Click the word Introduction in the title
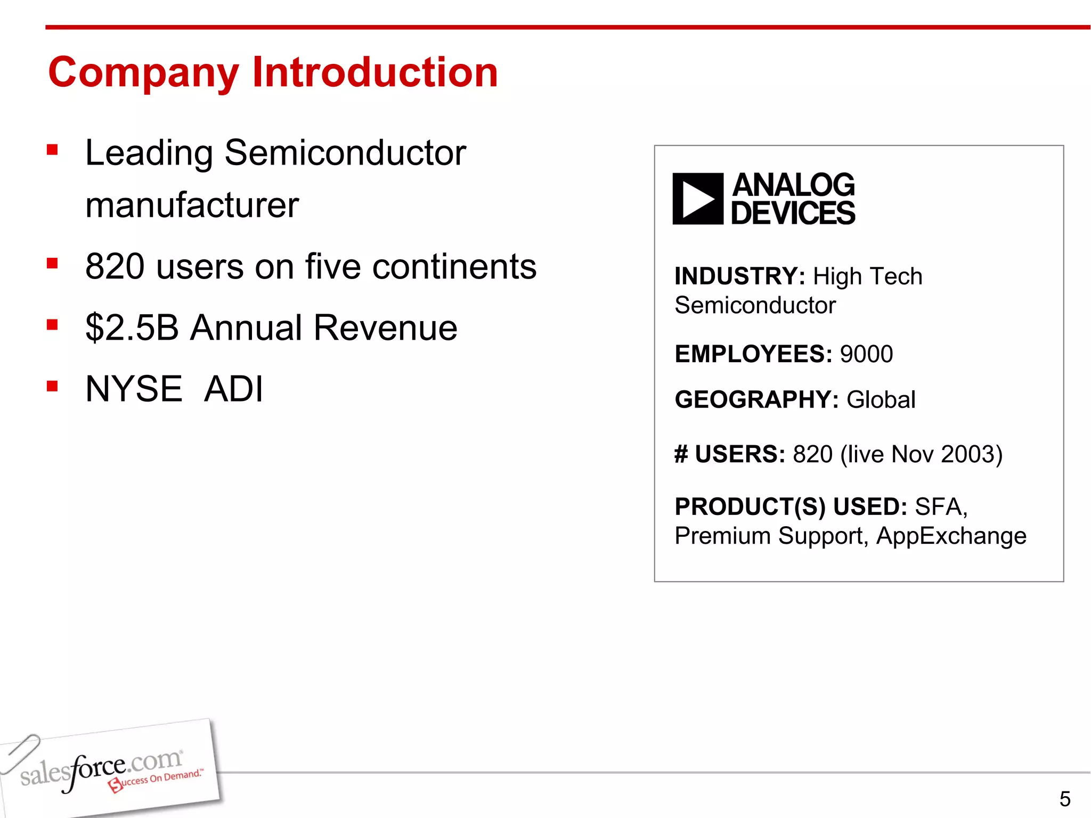click(375, 72)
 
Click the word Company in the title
click(144, 73)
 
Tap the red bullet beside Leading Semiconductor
click(52, 150)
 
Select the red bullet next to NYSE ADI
click(52, 386)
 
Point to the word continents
click(454, 266)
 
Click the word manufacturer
click(192, 205)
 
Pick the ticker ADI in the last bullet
click(233, 388)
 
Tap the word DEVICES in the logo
click(793, 214)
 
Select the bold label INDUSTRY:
click(739, 276)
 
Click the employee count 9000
click(866, 354)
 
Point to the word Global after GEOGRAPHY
click(881, 399)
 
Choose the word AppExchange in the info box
click(951, 536)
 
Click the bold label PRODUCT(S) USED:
click(791, 506)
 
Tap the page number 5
click(1064, 799)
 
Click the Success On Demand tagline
click(157, 780)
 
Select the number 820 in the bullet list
click(115, 266)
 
